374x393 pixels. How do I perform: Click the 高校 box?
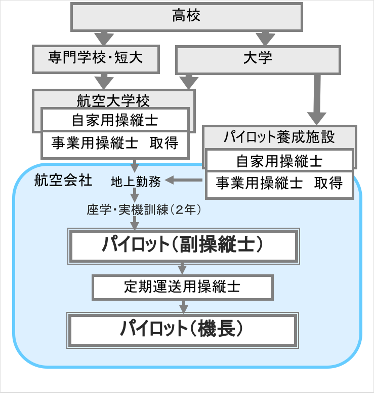(187, 16)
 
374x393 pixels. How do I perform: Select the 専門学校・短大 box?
(96, 57)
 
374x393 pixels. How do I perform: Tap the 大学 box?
(257, 59)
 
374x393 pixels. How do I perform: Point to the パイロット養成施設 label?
(279, 136)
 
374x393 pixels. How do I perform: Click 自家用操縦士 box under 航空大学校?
(115, 120)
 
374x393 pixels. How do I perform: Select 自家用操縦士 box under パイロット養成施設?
(279, 161)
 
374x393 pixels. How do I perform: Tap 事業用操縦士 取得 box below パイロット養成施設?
(279, 183)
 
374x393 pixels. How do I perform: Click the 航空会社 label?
(63, 180)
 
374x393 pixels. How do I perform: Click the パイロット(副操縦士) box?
(183, 245)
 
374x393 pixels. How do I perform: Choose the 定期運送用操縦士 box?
(183, 287)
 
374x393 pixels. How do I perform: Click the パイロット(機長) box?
(183, 330)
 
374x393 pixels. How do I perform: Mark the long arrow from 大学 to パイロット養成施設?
(318, 99)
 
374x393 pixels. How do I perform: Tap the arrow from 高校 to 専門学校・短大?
(104, 38)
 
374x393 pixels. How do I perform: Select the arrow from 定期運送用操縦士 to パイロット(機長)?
(183, 306)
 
